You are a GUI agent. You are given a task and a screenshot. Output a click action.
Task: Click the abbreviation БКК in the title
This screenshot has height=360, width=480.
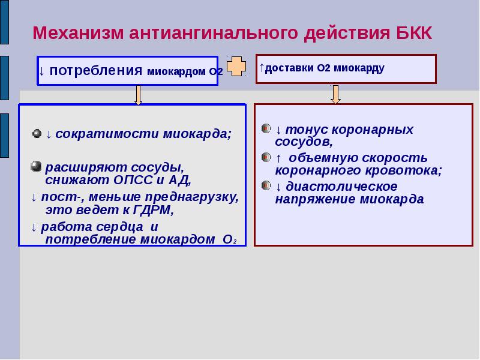click(x=413, y=33)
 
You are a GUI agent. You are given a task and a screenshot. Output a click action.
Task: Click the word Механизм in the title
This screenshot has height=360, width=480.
click(x=78, y=33)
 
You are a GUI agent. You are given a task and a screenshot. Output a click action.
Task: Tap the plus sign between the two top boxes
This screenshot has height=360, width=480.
click(x=236, y=66)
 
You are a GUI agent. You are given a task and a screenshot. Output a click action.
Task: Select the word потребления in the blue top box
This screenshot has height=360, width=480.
click(x=96, y=71)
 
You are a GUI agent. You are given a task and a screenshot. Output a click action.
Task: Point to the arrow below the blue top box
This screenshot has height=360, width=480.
click(x=138, y=95)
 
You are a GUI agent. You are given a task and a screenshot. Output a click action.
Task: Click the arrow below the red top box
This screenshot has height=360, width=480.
click(x=336, y=94)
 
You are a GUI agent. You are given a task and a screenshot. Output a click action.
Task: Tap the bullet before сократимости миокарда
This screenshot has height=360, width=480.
click(x=37, y=134)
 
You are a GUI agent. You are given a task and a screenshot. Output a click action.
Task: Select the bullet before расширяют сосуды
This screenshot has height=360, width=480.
click(x=36, y=166)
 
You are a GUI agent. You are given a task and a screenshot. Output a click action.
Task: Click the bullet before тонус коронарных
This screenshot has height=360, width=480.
click(x=266, y=128)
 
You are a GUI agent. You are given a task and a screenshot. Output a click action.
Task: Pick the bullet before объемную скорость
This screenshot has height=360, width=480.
click(x=266, y=157)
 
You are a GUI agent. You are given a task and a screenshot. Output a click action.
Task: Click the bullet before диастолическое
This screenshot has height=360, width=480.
click(x=266, y=185)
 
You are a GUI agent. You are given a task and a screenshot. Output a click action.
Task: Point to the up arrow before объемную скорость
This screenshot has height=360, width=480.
click(x=278, y=158)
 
